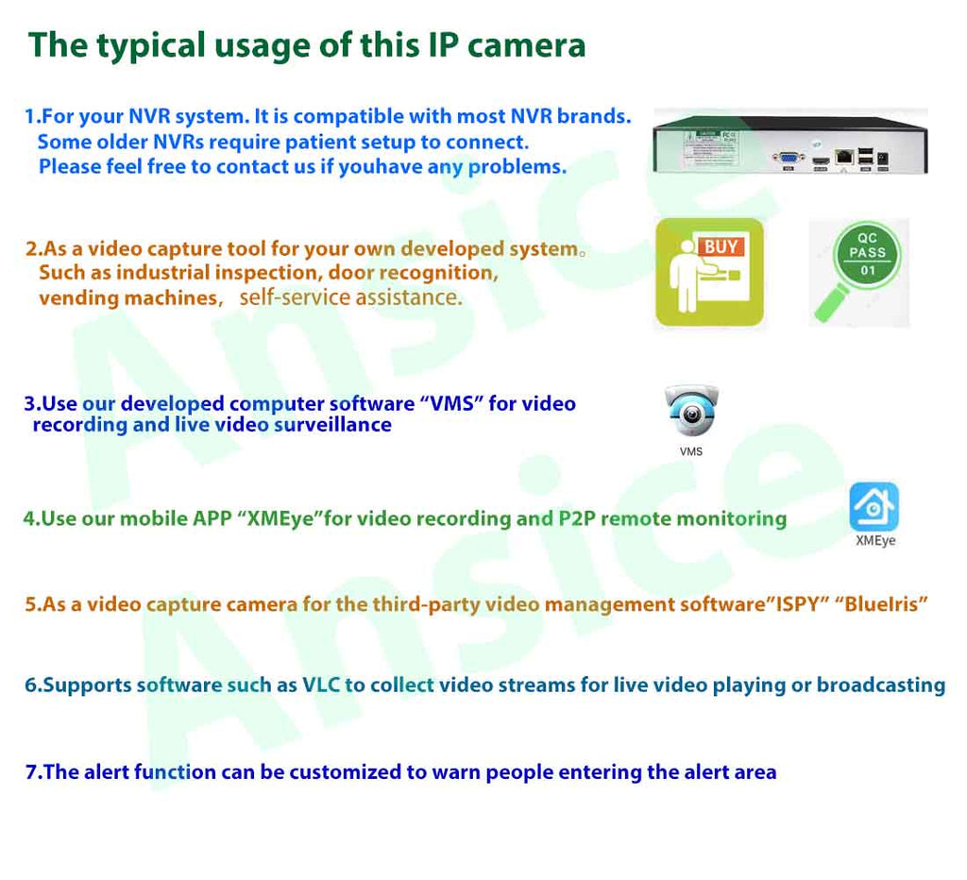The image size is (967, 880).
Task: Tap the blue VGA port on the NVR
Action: [x=789, y=158]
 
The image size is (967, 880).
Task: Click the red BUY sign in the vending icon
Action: [x=721, y=246]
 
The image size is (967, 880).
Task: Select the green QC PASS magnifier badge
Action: [x=859, y=270]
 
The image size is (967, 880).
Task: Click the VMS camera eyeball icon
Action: [x=691, y=411]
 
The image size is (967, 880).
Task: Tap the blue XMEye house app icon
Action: [x=874, y=507]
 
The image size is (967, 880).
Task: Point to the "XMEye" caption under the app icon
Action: [x=875, y=541]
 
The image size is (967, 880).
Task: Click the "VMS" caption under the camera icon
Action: [x=690, y=451]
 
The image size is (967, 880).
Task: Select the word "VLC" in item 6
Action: [x=321, y=685]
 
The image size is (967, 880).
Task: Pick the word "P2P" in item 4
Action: [x=577, y=518]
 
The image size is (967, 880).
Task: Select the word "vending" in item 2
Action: [x=79, y=298]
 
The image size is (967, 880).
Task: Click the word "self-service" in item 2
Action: [x=295, y=297]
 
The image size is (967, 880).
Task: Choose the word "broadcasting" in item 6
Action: [x=881, y=685]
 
